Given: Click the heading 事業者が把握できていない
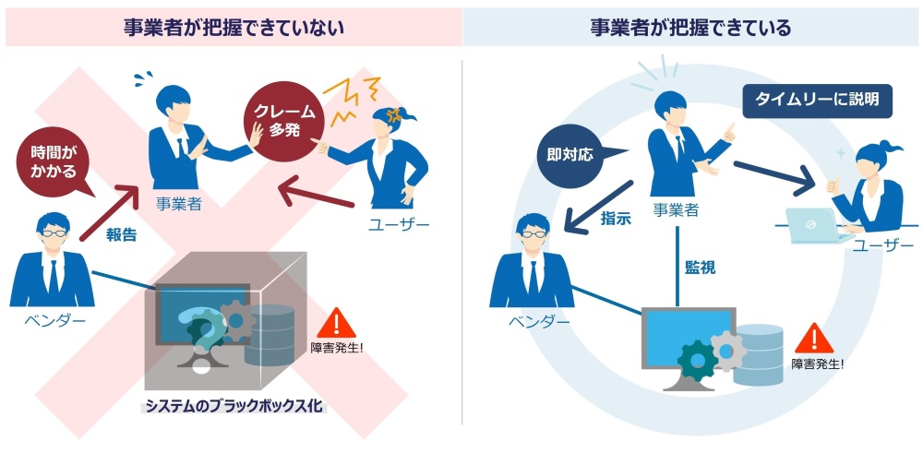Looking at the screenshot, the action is tap(234, 28).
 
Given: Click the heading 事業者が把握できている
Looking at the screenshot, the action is tap(690, 28).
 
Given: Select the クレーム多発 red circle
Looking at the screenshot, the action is tap(281, 121).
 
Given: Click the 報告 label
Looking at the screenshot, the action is tap(121, 235).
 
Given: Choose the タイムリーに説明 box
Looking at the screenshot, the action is tap(817, 100).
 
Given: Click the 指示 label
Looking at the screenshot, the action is tap(616, 219).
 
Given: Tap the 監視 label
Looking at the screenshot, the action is tap(700, 268).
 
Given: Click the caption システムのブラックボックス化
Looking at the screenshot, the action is tap(234, 406).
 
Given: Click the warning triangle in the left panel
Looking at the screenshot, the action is tap(336, 323).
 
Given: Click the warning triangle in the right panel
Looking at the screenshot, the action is tap(814, 338).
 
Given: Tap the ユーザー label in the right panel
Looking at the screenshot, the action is tap(883, 244).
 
